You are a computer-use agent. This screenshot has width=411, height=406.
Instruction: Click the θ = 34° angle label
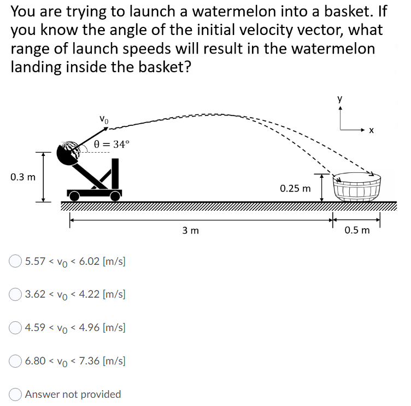tap(112, 144)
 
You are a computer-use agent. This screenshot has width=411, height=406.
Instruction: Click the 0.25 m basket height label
tap(295, 189)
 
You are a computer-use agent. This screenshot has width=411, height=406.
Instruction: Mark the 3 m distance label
tap(191, 230)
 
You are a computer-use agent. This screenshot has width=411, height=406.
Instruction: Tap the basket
tap(356, 188)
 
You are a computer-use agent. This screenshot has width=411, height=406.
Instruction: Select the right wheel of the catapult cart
tap(115, 195)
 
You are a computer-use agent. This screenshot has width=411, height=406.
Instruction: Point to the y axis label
tap(340, 99)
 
